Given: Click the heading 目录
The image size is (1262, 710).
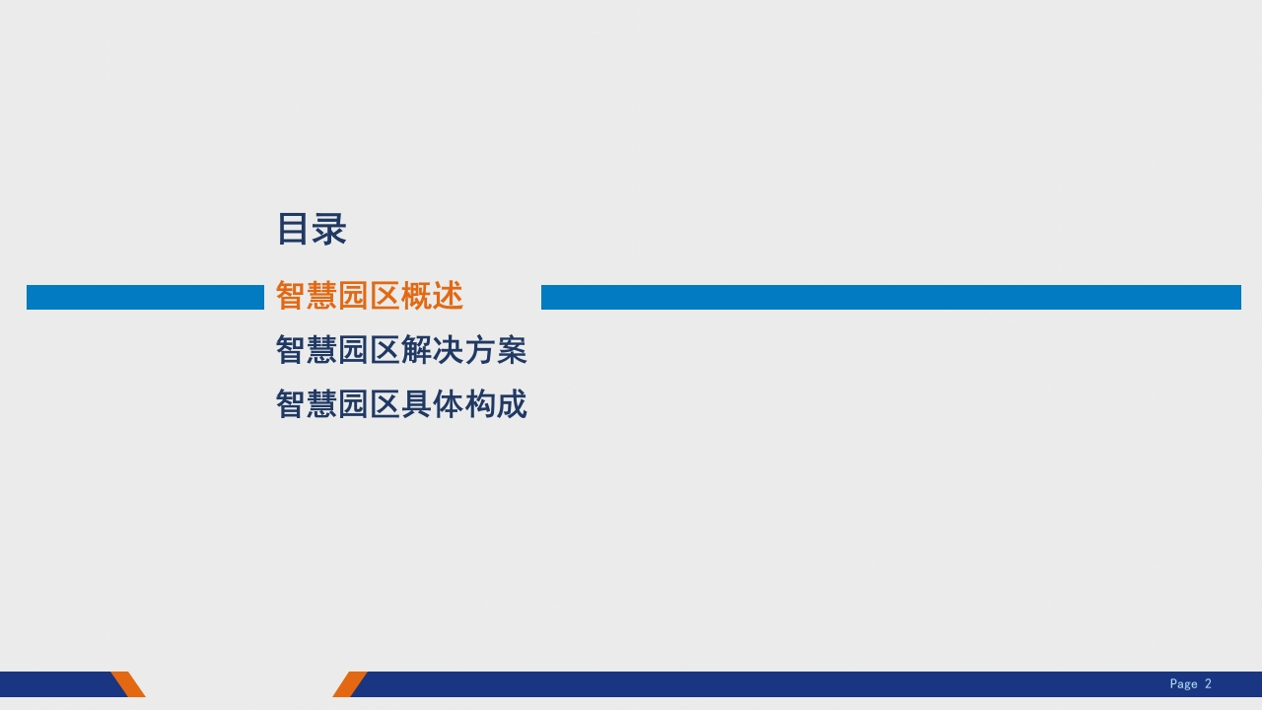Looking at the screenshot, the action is point(312,229).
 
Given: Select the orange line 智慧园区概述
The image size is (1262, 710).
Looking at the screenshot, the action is point(370,295).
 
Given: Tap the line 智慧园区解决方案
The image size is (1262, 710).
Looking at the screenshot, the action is point(401,349).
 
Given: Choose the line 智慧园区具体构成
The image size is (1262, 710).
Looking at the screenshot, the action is point(401,403).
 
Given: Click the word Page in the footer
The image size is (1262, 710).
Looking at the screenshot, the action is point(1183,684).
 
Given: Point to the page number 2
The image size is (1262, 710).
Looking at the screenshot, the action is point(1208,683).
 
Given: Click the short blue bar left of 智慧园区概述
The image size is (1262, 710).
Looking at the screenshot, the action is point(145,297).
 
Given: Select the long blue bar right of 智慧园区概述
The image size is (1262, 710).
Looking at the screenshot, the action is point(891,297).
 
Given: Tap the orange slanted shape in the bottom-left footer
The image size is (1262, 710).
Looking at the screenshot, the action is point(128,684).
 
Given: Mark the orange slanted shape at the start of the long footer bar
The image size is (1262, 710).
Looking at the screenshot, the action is point(349,684).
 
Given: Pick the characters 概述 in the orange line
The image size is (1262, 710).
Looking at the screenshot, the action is point(432,295).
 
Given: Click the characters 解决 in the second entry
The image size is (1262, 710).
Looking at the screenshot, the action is point(432,349).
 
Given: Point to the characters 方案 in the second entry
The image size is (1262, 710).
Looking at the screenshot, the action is point(496,349).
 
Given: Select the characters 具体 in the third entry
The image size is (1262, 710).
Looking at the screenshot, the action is point(432,403).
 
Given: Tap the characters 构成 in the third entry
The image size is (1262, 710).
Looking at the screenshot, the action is point(496,403).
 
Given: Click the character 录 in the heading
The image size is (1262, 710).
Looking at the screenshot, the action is point(329,229).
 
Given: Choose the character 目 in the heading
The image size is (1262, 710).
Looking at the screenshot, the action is point(293,229).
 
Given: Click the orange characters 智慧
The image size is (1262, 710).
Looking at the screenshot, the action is point(307,295).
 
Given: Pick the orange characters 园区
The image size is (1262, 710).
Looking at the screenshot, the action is point(369,295).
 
